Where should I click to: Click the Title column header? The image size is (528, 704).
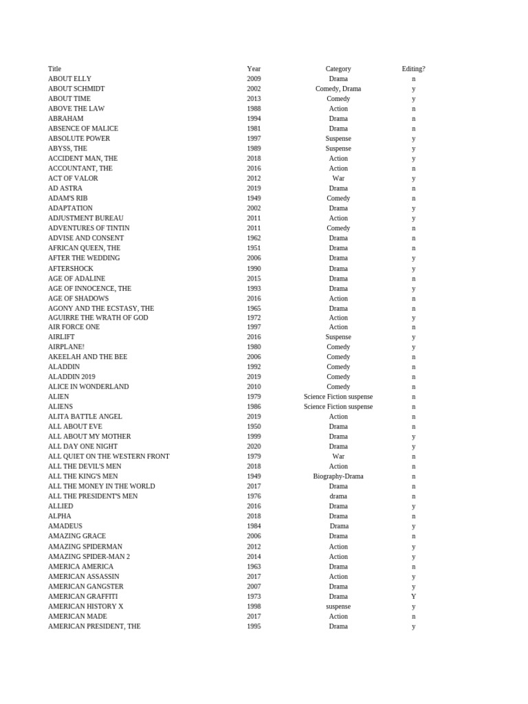54,69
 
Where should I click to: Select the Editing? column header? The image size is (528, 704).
413,69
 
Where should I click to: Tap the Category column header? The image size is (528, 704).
338,69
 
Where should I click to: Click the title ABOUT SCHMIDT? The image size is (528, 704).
76,89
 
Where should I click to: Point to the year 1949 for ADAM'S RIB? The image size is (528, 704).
254,198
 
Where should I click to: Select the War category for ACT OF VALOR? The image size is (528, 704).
338,178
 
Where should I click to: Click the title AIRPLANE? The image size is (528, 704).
66,347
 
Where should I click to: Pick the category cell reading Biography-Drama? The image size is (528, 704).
338,476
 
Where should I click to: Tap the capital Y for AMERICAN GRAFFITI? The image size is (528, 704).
413,597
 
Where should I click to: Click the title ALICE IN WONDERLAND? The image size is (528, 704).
88,387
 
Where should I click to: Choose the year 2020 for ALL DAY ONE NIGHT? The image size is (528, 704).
254,447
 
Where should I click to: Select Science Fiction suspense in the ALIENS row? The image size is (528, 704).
338,407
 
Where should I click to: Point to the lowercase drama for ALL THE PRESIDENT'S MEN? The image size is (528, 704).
338,496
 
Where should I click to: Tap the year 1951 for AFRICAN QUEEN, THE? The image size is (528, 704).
254,248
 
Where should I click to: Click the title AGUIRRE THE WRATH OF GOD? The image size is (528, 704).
98,318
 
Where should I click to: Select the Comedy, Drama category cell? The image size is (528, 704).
338,89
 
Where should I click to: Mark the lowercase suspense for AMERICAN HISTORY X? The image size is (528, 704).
338,606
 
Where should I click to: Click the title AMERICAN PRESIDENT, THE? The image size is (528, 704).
94,626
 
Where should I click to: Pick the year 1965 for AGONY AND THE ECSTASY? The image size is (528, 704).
254,309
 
